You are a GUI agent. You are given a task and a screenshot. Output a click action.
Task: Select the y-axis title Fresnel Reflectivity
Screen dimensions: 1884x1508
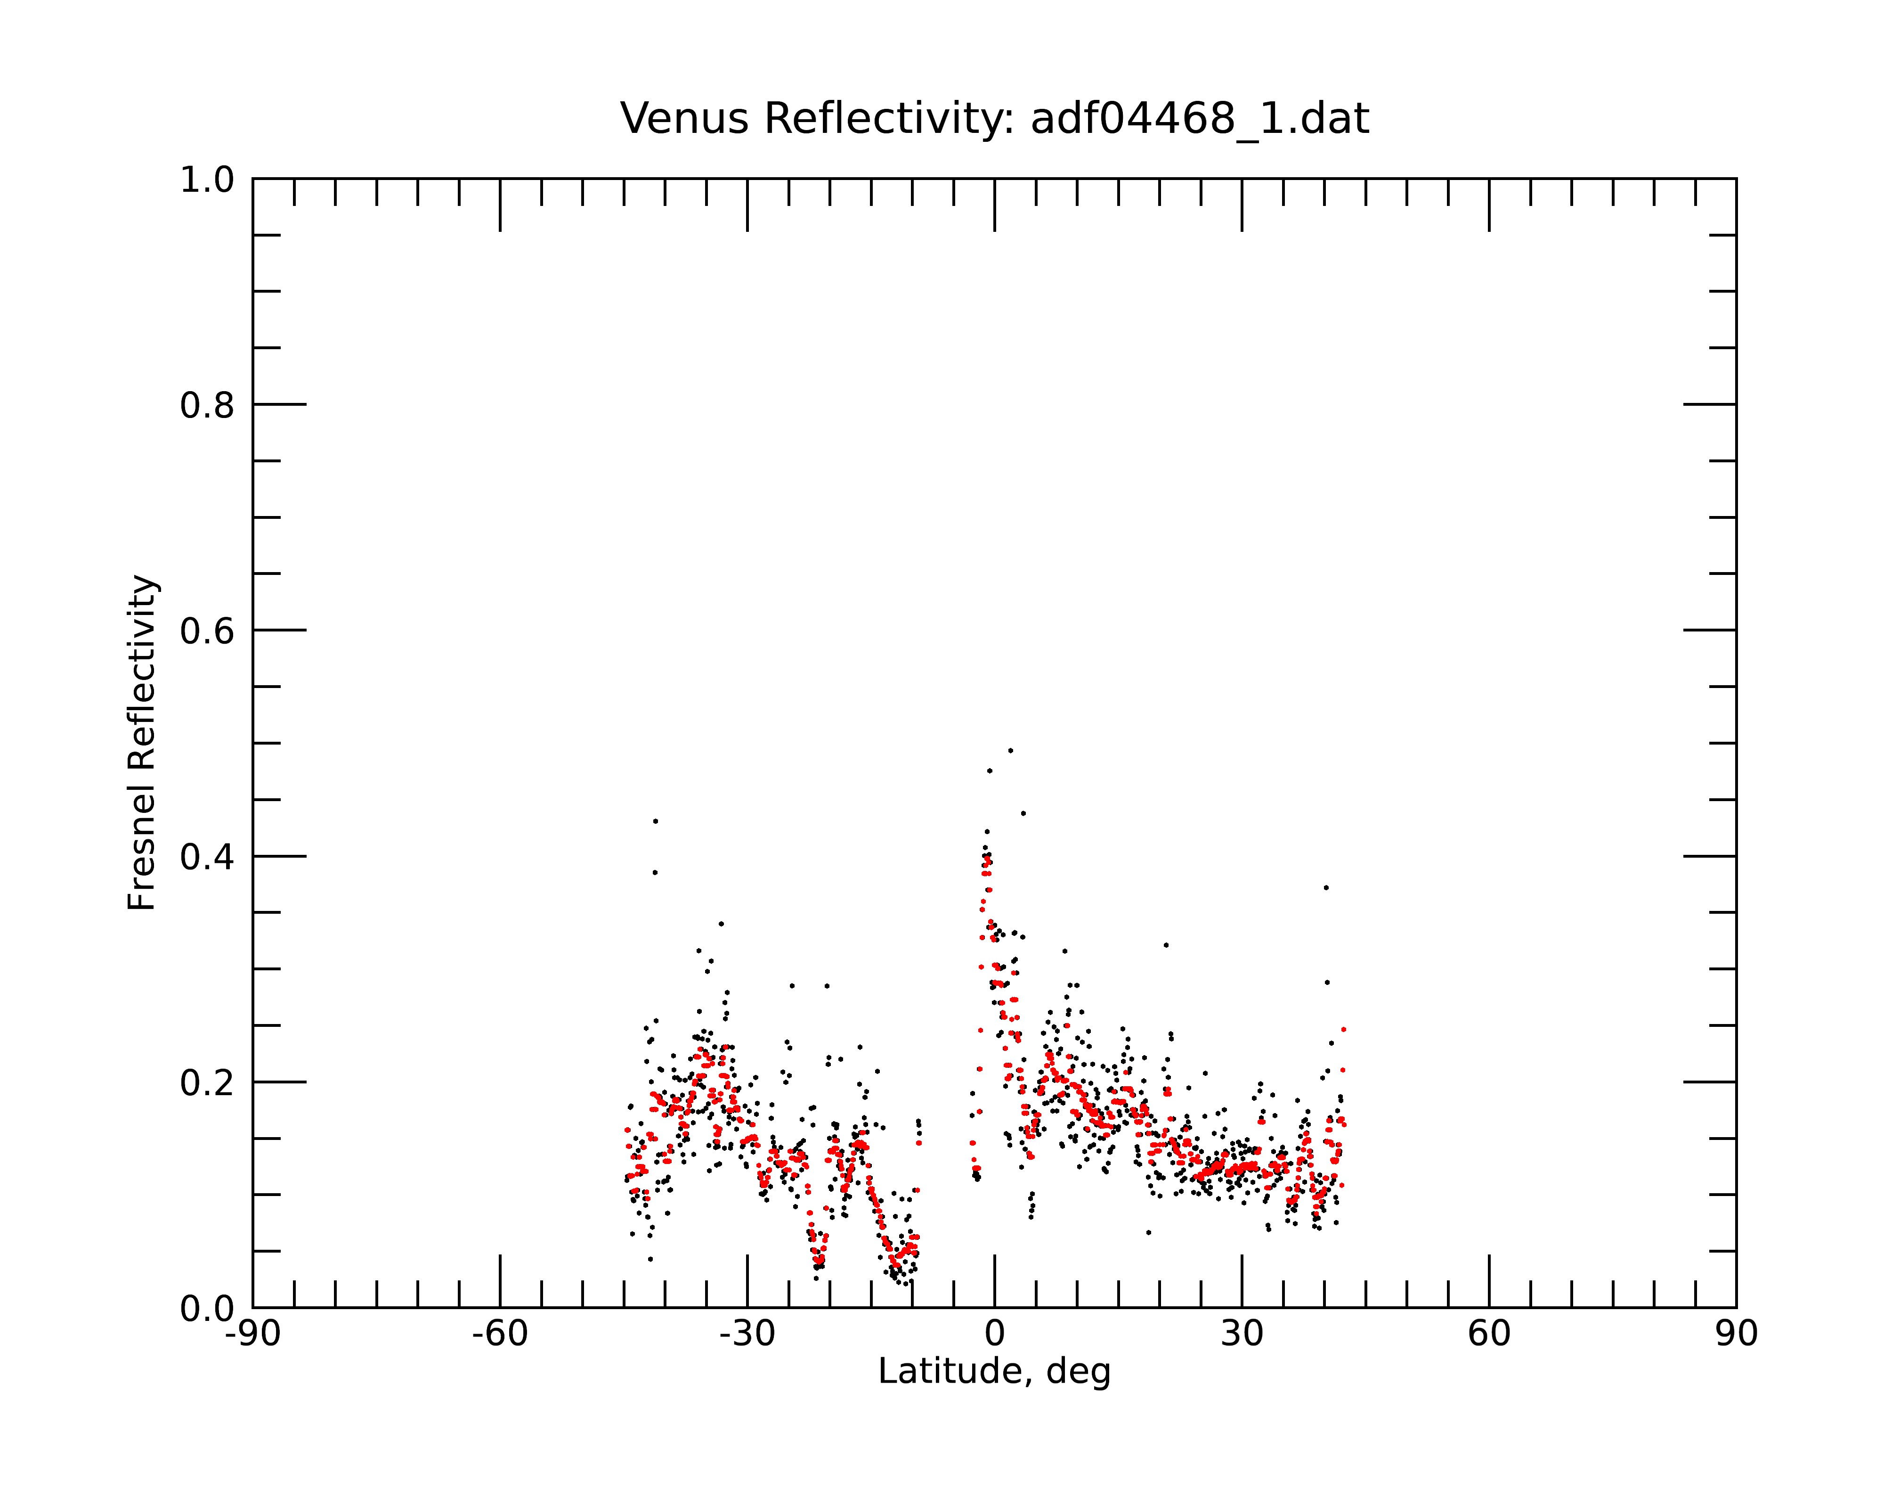point(142,742)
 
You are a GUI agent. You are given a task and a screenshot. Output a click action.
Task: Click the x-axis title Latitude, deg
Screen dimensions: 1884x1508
point(994,1372)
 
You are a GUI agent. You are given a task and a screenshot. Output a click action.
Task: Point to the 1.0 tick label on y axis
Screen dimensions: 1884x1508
point(207,180)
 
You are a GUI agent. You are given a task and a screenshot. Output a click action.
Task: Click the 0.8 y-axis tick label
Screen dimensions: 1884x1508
point(207,406)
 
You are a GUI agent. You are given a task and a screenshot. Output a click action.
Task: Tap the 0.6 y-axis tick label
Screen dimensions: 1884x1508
point(207,631)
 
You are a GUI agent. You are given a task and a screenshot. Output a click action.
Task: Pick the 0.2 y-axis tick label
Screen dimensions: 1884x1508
point(207,1083)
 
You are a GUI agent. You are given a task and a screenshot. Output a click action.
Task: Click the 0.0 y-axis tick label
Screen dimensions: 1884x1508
point(207,1309)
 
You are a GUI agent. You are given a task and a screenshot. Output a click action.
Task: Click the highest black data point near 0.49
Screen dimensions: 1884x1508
point(1011,750)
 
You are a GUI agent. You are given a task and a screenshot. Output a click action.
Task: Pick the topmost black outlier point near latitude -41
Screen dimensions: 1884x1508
point(655,821)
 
